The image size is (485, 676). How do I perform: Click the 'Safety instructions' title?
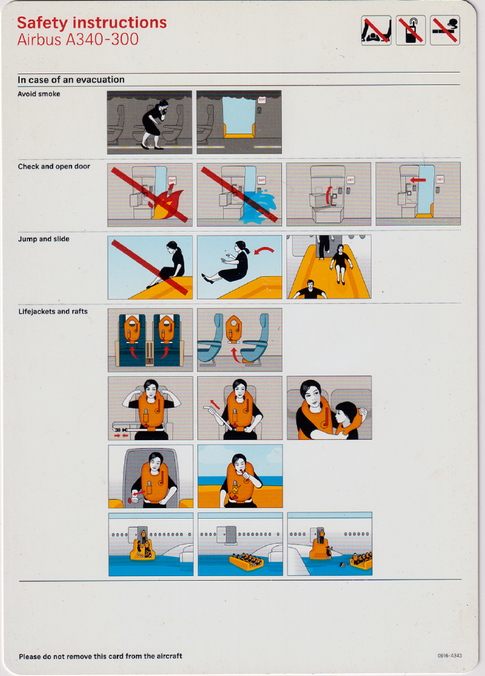pyautogui.click(x=92, y=23)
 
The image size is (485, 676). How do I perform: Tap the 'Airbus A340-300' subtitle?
pyautogui.click(x=78, y=40)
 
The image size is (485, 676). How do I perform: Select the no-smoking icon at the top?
pyautogui.click(x=445, y=30)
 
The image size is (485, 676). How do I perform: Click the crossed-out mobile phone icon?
pyautogui.click(x=411, y=30)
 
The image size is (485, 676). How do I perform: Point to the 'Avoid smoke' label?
pyautogui.click(x=39, y=94)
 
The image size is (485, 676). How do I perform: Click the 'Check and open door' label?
pyautogui.click(x=54, y=166)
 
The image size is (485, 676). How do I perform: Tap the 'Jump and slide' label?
pyautogui.click(x=44, y=239)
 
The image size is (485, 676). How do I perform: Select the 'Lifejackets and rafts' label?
pyautogui.click(x=53, y=312)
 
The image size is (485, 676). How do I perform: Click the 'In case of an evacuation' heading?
pyautogui.click(x=71, y=80)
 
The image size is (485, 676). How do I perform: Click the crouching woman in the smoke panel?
pyautogui.click(x=155, y=124)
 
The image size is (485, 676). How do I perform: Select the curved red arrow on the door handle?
pyautogui.click(x=329, y=195)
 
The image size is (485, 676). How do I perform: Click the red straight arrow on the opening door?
pyautogui.click(x=418, y=180)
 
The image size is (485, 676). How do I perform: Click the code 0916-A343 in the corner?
pyautogui.click(x=449, y=656)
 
